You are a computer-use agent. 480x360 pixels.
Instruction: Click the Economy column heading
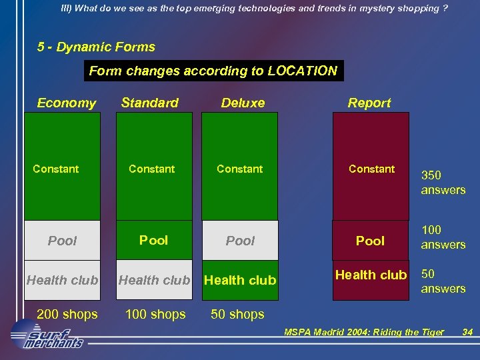click(66, 103)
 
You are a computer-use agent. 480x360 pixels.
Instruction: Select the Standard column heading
click(149, 103)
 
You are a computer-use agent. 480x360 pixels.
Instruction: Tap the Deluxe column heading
click(243, 103)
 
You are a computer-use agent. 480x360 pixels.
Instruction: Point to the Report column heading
click(369, 103)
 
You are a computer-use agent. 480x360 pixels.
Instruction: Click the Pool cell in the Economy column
click(63, 241)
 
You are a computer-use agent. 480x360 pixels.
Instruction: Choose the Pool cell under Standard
click(153, 240)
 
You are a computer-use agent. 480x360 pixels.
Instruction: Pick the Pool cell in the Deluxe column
click(241, 241)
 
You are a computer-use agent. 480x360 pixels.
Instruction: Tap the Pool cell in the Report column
click(370, 241)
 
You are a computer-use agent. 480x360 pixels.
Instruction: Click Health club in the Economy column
click(63, 281)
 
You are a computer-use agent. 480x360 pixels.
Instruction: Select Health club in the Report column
click(371, 275)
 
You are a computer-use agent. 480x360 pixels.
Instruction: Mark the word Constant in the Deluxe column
click(240, 169)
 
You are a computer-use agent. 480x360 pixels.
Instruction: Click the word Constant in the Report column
click(372, 169)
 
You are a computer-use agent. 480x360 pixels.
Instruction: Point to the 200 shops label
click(67, 314)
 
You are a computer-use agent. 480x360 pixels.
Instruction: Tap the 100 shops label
click(155, 314)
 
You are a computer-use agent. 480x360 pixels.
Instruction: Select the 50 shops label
click(238, 314)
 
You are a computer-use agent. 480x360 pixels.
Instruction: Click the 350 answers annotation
click(443, 183)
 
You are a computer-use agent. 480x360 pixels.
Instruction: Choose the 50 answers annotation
click(443, 281)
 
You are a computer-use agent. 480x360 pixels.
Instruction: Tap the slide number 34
click(467, 332)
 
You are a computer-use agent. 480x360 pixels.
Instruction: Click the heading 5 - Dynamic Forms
click(97, 47)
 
